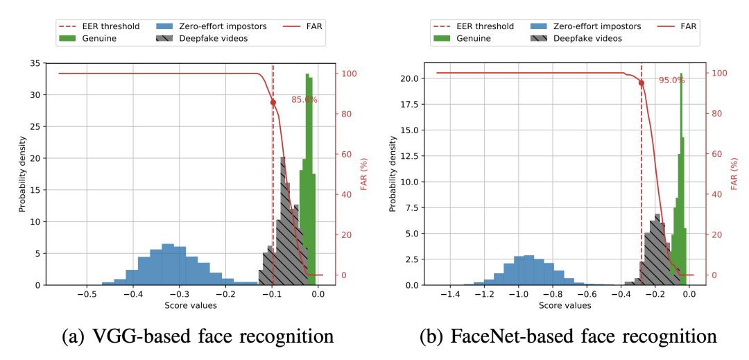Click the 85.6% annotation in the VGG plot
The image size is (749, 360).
tap(304, 100)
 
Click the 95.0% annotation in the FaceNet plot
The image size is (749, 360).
tap(671, 80)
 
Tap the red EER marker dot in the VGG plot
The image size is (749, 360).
tap(273, 103)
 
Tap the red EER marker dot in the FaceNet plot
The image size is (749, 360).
tap(641, 83)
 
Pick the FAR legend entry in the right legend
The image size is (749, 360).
tap(679, 26)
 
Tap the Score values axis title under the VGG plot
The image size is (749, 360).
tap(190, 305)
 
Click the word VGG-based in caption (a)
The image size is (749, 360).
tap(139, 337)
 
